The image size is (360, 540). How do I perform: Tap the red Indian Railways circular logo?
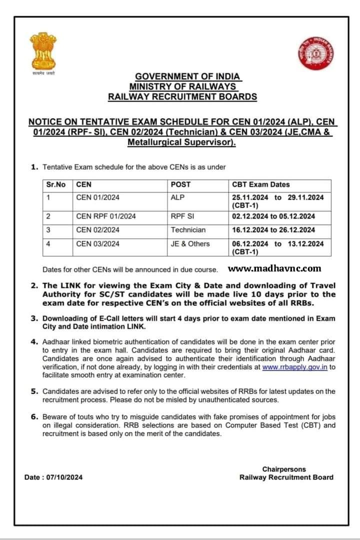coord(316,53)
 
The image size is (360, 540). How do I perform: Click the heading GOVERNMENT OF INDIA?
coord(188,76)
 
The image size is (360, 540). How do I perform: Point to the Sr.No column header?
coord(56,184)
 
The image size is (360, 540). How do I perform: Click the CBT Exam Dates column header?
coord(261,184)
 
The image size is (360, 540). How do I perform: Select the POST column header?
coord(180,184)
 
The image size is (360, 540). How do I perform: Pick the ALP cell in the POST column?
coord(177,197)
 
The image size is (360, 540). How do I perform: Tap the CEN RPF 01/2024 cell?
coord(105,216)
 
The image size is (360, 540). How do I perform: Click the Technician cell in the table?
coord(188,230)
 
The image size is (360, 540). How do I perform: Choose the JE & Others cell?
coord(190,243)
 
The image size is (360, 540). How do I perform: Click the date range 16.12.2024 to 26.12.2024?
coord(273,230)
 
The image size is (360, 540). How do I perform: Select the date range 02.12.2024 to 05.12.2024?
coord(273,216)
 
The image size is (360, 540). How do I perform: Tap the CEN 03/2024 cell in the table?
coord(97,243)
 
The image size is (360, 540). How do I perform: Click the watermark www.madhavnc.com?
coord(274,268)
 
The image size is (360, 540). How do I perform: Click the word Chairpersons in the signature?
coord(284,469)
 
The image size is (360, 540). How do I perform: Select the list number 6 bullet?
coord(34,416)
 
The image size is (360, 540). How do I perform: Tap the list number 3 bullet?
coord(34,318)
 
